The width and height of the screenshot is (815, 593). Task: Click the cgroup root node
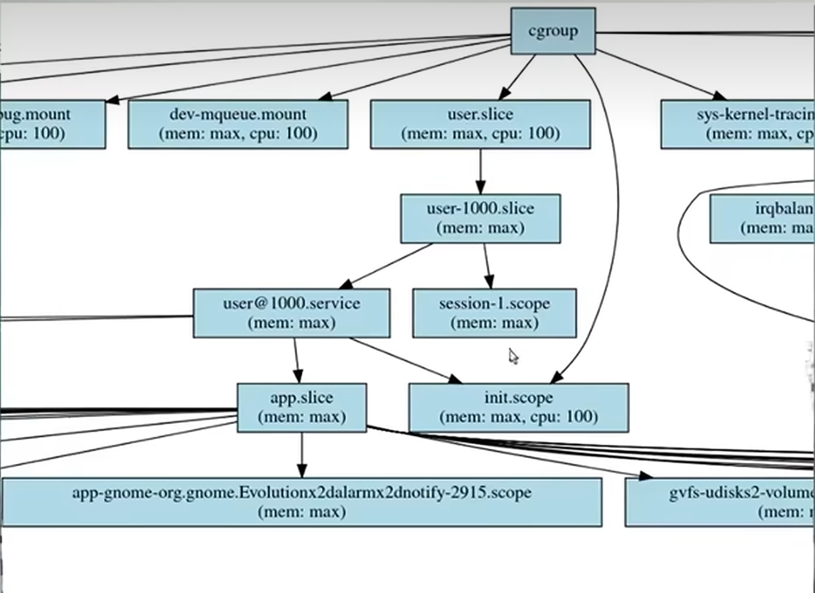click(553, 31)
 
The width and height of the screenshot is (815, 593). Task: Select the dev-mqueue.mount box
click(238, 124)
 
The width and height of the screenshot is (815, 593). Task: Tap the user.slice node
click(480, 124)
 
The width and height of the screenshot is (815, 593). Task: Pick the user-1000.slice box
click(480, 218)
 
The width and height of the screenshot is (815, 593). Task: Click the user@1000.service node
click(291, 313)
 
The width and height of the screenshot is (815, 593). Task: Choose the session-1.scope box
click(494, 313)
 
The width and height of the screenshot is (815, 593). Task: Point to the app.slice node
click(302, 408)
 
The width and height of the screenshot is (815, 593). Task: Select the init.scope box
click(518, 408)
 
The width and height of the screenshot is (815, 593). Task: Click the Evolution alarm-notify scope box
click(302, 502)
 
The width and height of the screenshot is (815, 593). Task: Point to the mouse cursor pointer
click(512, 356)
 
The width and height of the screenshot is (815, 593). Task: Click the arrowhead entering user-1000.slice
click(480, 188)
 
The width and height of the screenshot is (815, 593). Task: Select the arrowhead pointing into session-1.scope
click(489, 282)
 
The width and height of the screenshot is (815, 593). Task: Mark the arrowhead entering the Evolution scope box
click(302, 471)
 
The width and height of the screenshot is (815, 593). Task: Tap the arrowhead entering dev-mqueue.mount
click(326, 97)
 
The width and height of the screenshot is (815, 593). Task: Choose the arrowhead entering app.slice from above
click(298, 377)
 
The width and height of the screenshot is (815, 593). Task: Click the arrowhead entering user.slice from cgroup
click(504, 94)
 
